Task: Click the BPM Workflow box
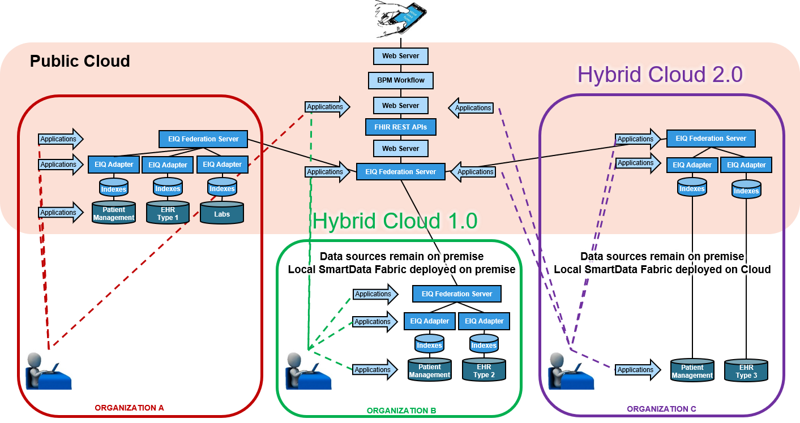(401, 80)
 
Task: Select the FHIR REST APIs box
(401, 127)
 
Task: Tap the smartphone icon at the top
(401, 19)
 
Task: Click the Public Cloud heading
(80, 61)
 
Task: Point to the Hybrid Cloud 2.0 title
(660, 75)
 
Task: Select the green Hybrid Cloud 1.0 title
(395, 221)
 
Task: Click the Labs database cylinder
(222, 213)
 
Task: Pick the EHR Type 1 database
(168, 213)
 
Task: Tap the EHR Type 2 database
(484, 370)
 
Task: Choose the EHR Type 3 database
(746, 371)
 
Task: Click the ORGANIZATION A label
(130, 408)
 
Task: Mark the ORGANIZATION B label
(402, 411)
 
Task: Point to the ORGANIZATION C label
(661, 409)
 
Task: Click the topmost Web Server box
(401, 56)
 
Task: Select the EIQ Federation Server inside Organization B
(456, 294)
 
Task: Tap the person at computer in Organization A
(49, 369)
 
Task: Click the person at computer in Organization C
(571, 369)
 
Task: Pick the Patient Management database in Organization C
(692, 371)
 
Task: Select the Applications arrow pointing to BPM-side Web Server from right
(472, 107)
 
